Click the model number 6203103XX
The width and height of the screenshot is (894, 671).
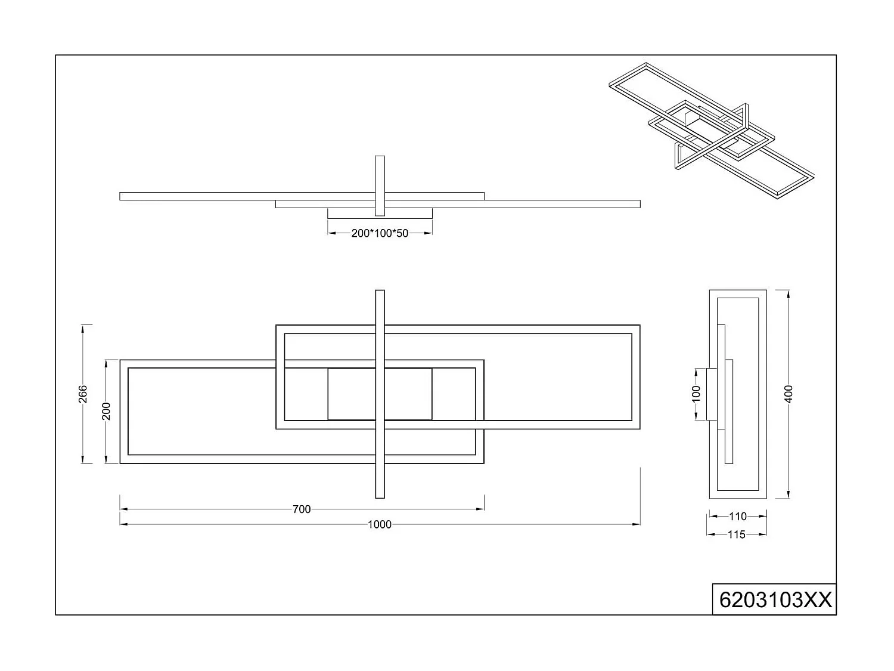pos(775,599)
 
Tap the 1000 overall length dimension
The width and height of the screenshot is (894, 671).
pos(380,524)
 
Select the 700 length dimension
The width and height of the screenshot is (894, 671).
pos(302,509)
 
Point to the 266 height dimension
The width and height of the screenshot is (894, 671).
pos(83,394)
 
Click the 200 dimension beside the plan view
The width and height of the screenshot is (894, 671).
pos(106,411)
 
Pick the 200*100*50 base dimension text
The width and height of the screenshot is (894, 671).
pos(380,233)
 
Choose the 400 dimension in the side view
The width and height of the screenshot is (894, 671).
pos(789,394)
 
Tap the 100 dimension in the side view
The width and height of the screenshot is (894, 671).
pos(696,394)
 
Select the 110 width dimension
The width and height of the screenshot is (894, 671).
pos(737,517)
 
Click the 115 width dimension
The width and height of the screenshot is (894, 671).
pos(737,534)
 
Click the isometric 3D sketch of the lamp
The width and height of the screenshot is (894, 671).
pos(712,131)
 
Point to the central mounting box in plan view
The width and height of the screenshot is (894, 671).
pos(380,394)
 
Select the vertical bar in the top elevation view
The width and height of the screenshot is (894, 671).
pos(380,185)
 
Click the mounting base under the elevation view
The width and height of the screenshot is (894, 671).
pos(352,213)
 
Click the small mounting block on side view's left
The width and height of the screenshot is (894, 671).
pos(710,394)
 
